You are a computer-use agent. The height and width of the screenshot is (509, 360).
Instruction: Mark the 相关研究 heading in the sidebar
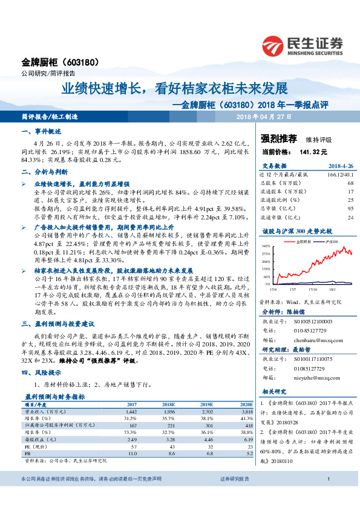pyautogui.click(x=273, y=392)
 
